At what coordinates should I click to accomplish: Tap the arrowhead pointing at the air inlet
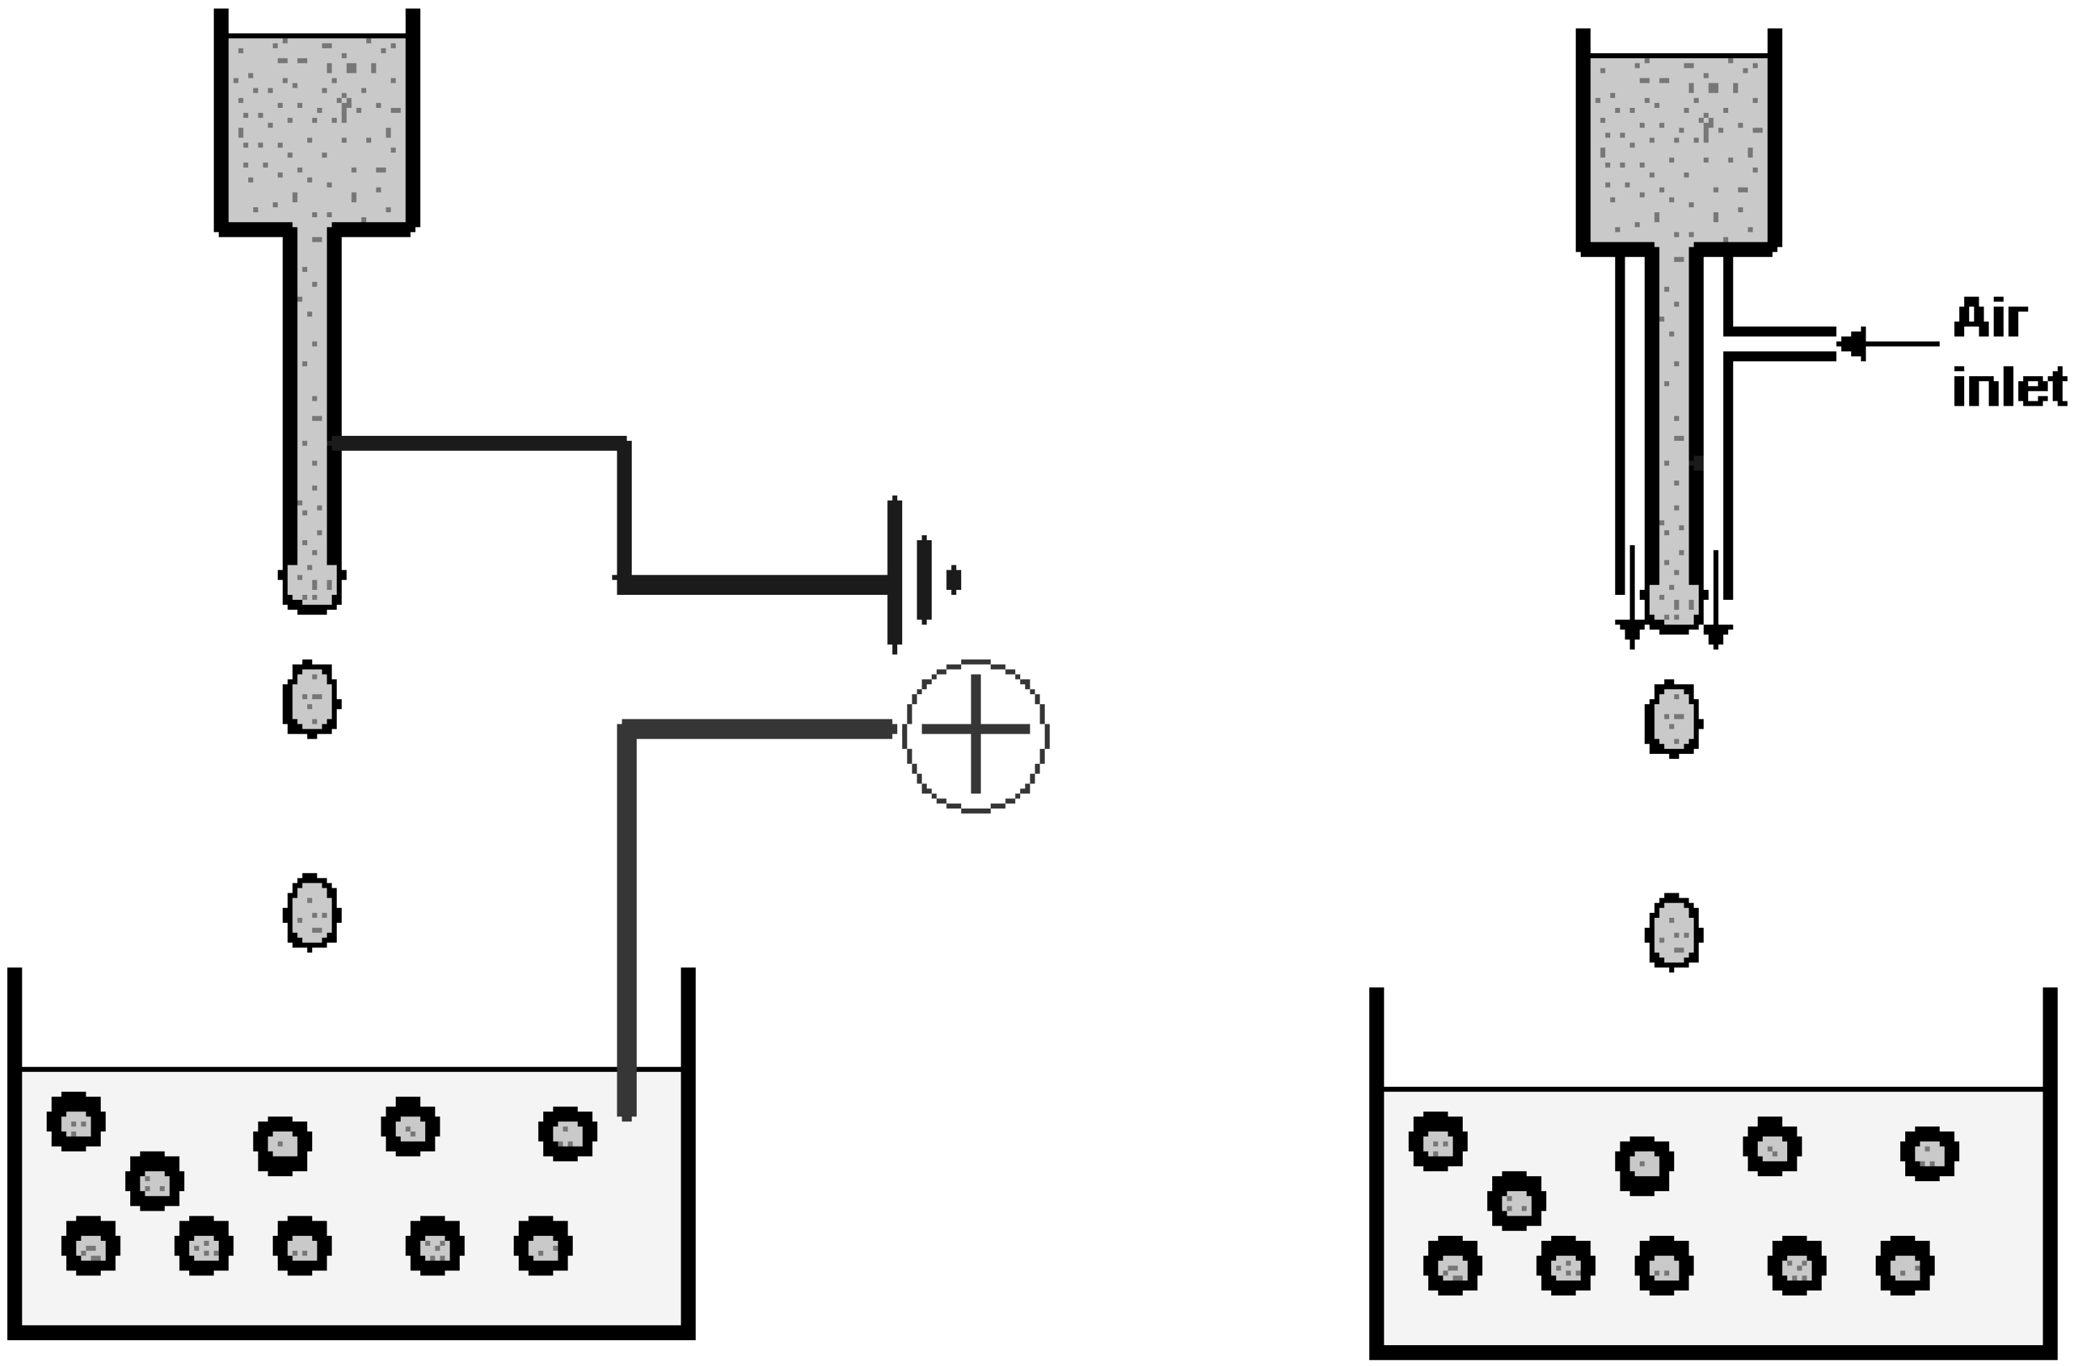[x=1852, y=343]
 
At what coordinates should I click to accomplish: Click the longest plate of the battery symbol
[x=894, y=575]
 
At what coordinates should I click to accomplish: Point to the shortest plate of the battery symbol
[x=954, y=579]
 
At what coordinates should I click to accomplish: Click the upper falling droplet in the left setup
[x=312, y=698]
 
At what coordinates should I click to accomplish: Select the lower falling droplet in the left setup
[x=312, y=912]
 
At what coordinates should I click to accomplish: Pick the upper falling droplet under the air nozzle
[x=1673, y=719]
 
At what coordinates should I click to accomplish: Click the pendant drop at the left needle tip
[x=312, y=586]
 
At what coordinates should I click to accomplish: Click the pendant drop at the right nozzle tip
[x=1673, y=604]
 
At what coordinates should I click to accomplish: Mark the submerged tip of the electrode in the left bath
[x=627, y=1111]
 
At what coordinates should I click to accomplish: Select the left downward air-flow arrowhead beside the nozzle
[x=1631, y=633]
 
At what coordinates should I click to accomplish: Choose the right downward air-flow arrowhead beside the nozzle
[x=1716, y=634]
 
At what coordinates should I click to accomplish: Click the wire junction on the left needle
[x=337, y=444]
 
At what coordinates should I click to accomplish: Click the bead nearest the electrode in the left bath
[x=568, y=1133]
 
